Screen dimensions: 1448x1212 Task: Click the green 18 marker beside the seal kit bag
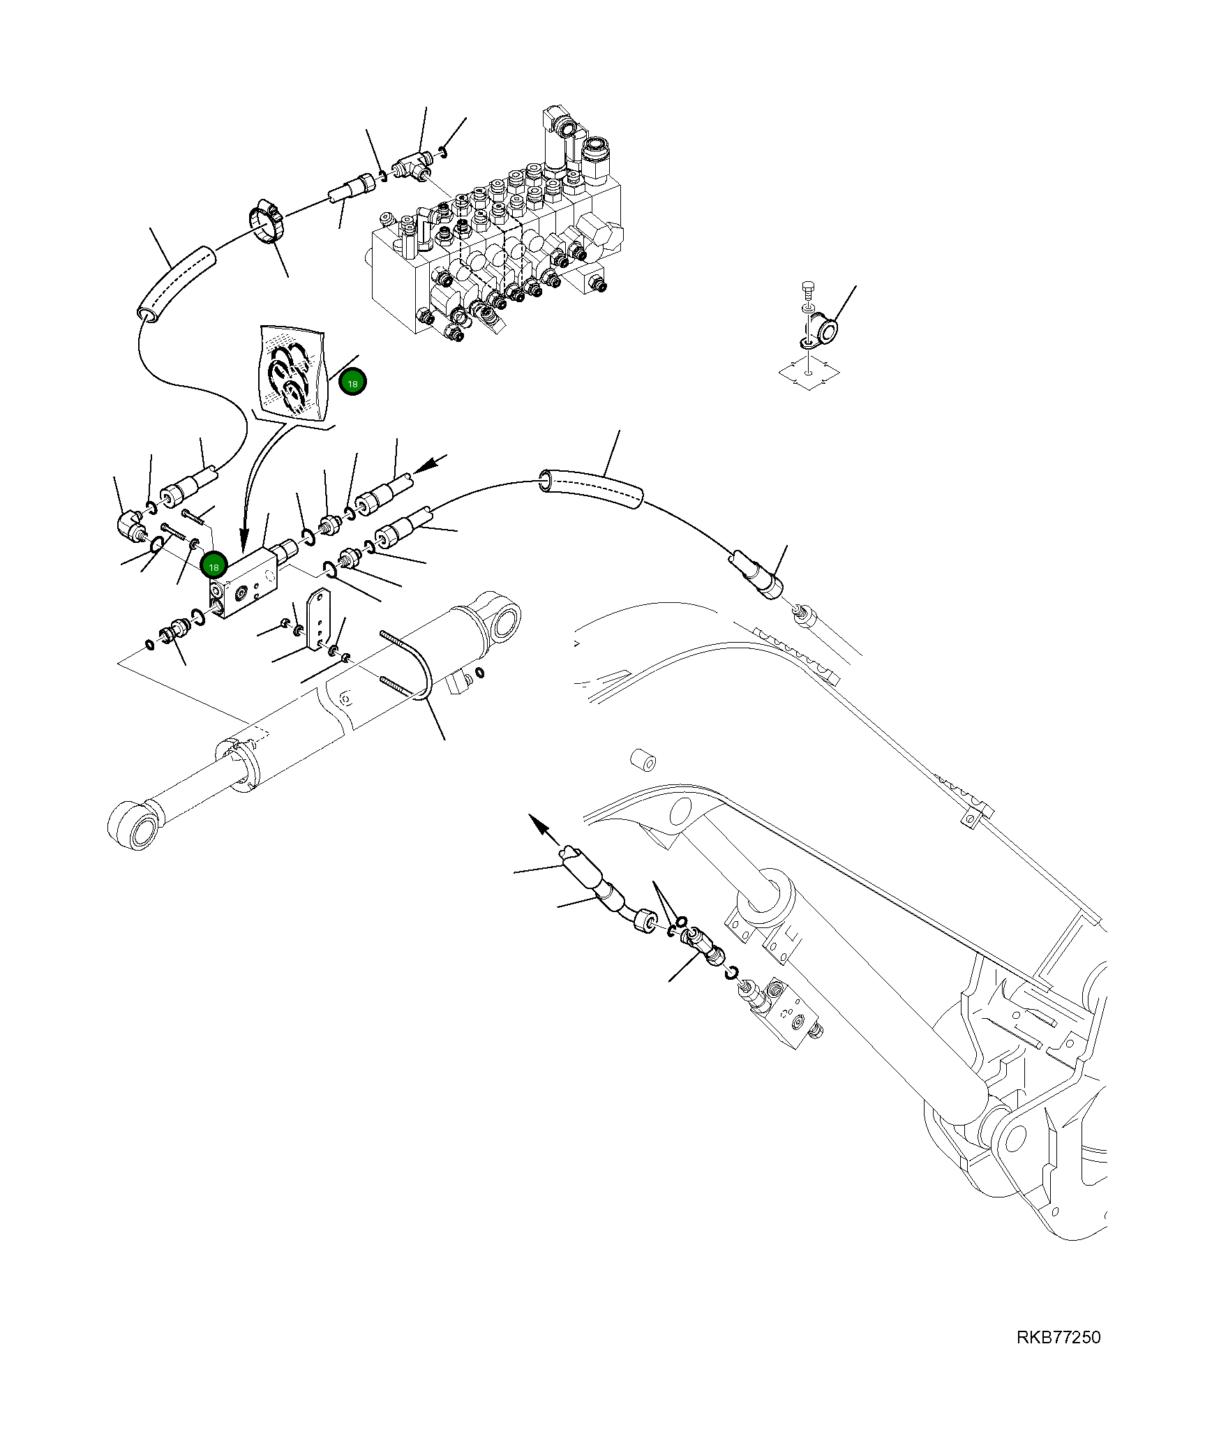click(x=352, y=382)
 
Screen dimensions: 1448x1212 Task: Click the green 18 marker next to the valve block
click(x=214, y=566)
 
